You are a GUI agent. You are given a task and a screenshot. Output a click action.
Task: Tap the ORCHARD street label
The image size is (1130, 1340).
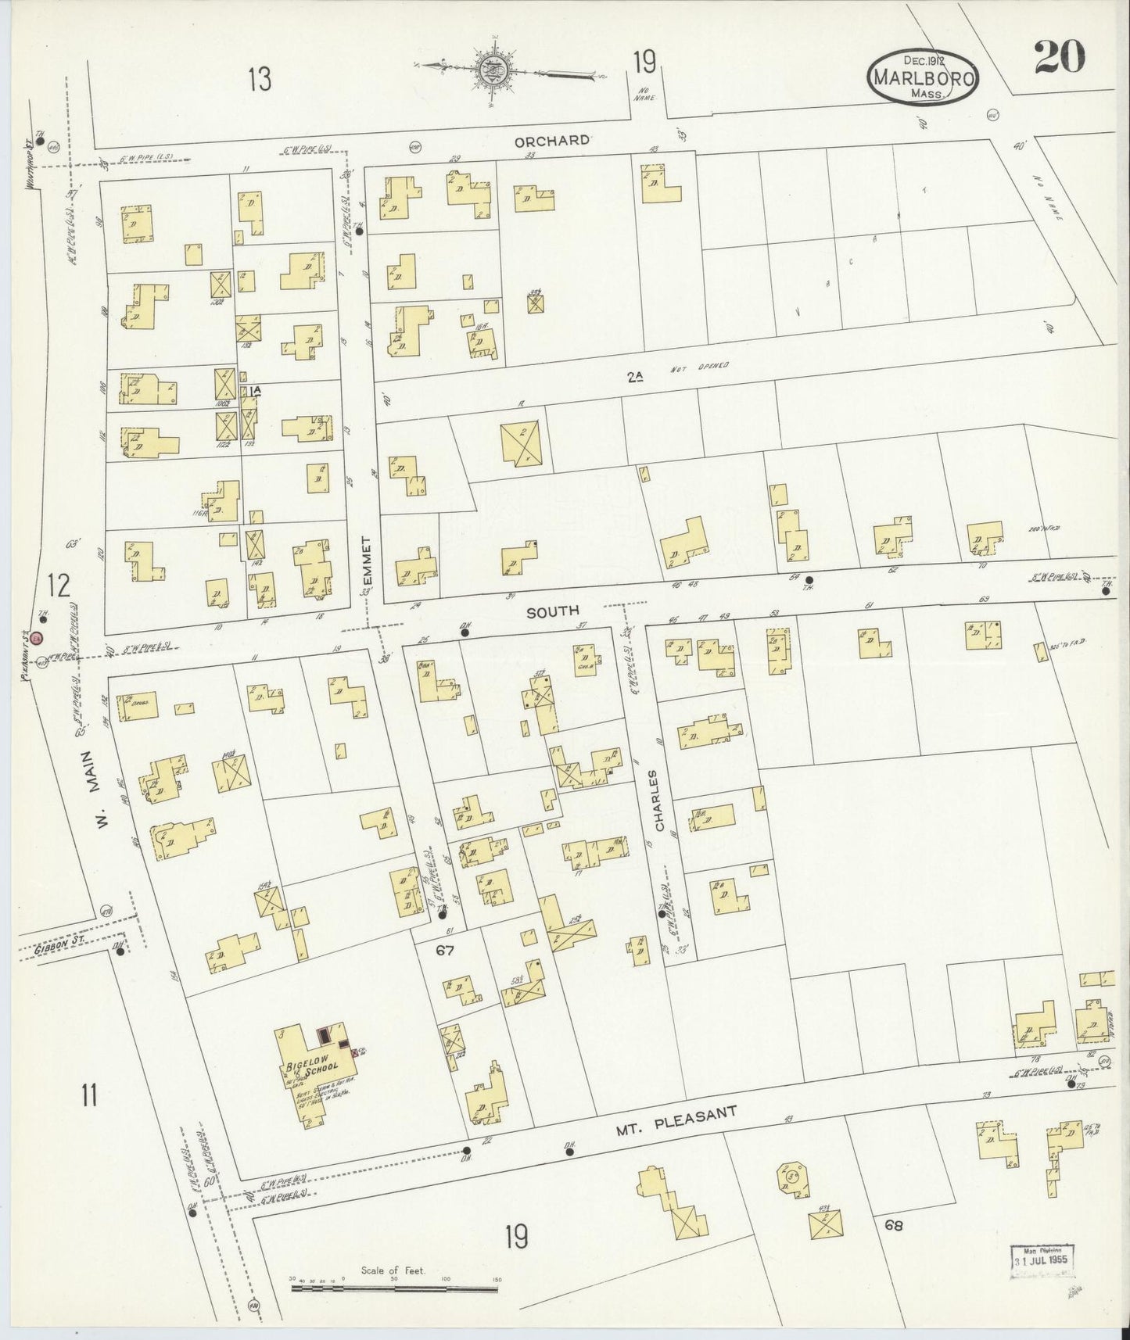551,141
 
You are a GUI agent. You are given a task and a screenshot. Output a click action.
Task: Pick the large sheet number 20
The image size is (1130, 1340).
1059,56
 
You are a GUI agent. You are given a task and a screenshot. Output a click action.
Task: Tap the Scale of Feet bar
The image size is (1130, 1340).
395,1286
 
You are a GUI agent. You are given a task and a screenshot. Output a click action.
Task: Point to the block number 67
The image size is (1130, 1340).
445,951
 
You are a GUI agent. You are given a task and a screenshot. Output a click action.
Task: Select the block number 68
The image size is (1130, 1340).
895,1225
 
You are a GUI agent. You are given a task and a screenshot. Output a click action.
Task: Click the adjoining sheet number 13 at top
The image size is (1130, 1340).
260,78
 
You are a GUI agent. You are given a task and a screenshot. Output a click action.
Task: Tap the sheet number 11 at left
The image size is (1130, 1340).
88,1095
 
